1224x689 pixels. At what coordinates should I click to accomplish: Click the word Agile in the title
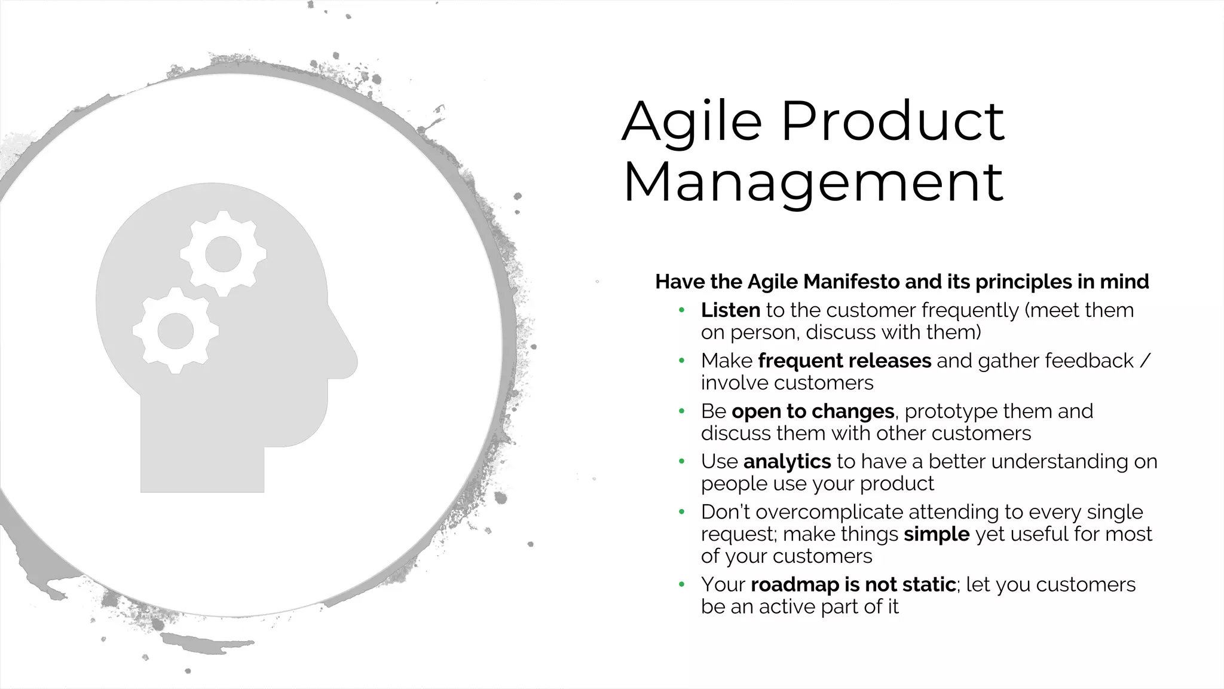click(x=692, y=122)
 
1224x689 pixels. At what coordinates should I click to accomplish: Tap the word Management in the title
click(x=813, y=182)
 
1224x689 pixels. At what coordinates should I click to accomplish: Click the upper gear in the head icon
click(x=223, y=254)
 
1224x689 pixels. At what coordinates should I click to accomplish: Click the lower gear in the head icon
click(x=175, y=331)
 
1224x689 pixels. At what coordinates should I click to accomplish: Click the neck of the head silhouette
click(x=202, y=461)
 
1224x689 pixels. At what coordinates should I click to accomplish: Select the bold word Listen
click(x=730, y=310)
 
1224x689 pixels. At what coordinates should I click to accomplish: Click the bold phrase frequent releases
click(x=844, y=361)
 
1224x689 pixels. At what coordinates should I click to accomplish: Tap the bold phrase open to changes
click(x=812, y=411)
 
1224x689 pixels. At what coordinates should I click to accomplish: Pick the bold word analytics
click(x=787, y=462)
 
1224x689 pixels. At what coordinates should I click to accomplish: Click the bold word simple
click(x=936, y=534)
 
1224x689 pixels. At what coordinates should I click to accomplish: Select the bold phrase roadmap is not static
click(x=853, y=584)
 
